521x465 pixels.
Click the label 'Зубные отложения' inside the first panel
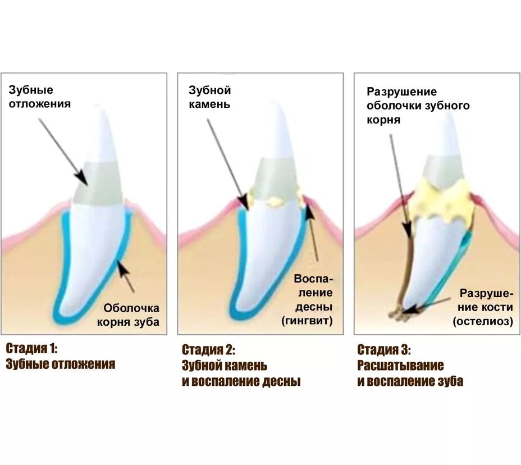pyautogui.click(x=39, y=97)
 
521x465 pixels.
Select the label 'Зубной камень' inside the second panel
pyautogui.click(x=209, y=97)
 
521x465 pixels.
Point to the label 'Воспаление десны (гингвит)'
pyautogui.click(x=313, y=299)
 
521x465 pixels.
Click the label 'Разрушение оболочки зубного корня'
pyautogui.click(x=418, y=106)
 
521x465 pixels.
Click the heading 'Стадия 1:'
pyautogui.click(x=31, y=348)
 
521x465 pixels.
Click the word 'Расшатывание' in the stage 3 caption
pyautogui.click(x=400, y=366)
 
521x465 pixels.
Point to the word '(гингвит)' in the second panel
pyautogui.click(x=307, y=321)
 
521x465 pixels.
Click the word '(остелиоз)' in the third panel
pyautogui.click(x=484, y=321)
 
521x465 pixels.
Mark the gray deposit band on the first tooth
pyautogui.click(x=98, y=183)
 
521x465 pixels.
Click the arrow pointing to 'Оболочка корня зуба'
pyautogui.click(x=126, y=276)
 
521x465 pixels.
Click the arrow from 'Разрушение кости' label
pyautogui.click(x=429, y=304)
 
